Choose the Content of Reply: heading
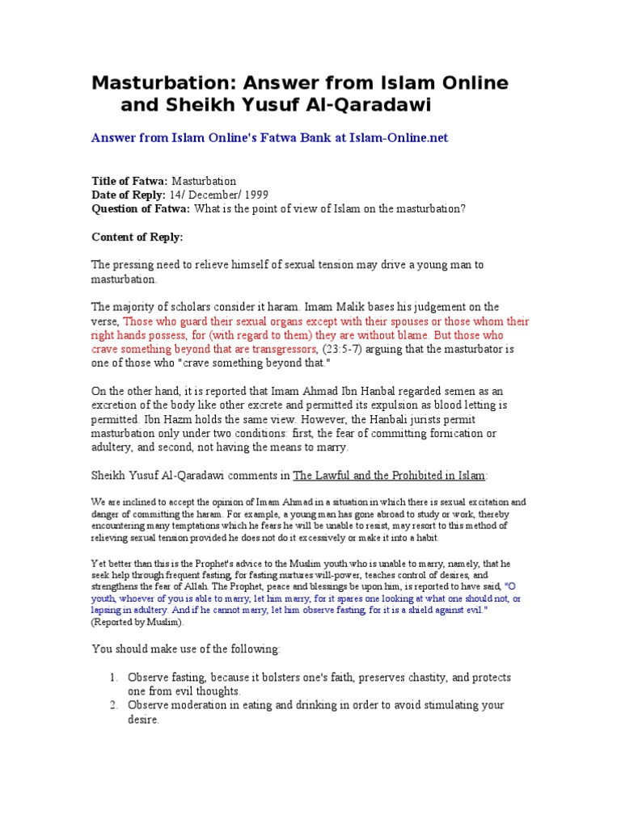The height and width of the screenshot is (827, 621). coord(137,237)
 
